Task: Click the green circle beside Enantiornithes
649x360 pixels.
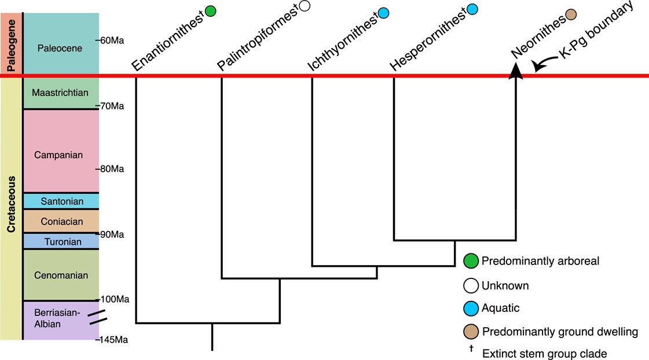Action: coord(211,10)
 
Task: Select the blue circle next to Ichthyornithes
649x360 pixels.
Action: coord(383,12)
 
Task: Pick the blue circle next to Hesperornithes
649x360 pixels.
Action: coord(472,9)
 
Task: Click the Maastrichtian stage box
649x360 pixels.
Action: coord(61,93)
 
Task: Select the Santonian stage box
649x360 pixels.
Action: coord(61,201)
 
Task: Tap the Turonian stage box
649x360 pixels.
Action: coord(61,241)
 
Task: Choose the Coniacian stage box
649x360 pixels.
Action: coord(61,221)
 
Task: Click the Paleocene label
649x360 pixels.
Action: coord(60,48)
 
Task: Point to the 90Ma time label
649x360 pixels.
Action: coord(112,234)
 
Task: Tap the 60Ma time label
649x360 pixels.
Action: coord(112,41)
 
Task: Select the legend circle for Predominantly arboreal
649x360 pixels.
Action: coord(472,261)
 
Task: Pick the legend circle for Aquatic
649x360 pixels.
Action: coord(472,308)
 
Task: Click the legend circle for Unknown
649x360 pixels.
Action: coord(472,285)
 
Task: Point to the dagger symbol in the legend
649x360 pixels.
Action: coord(471,348)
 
